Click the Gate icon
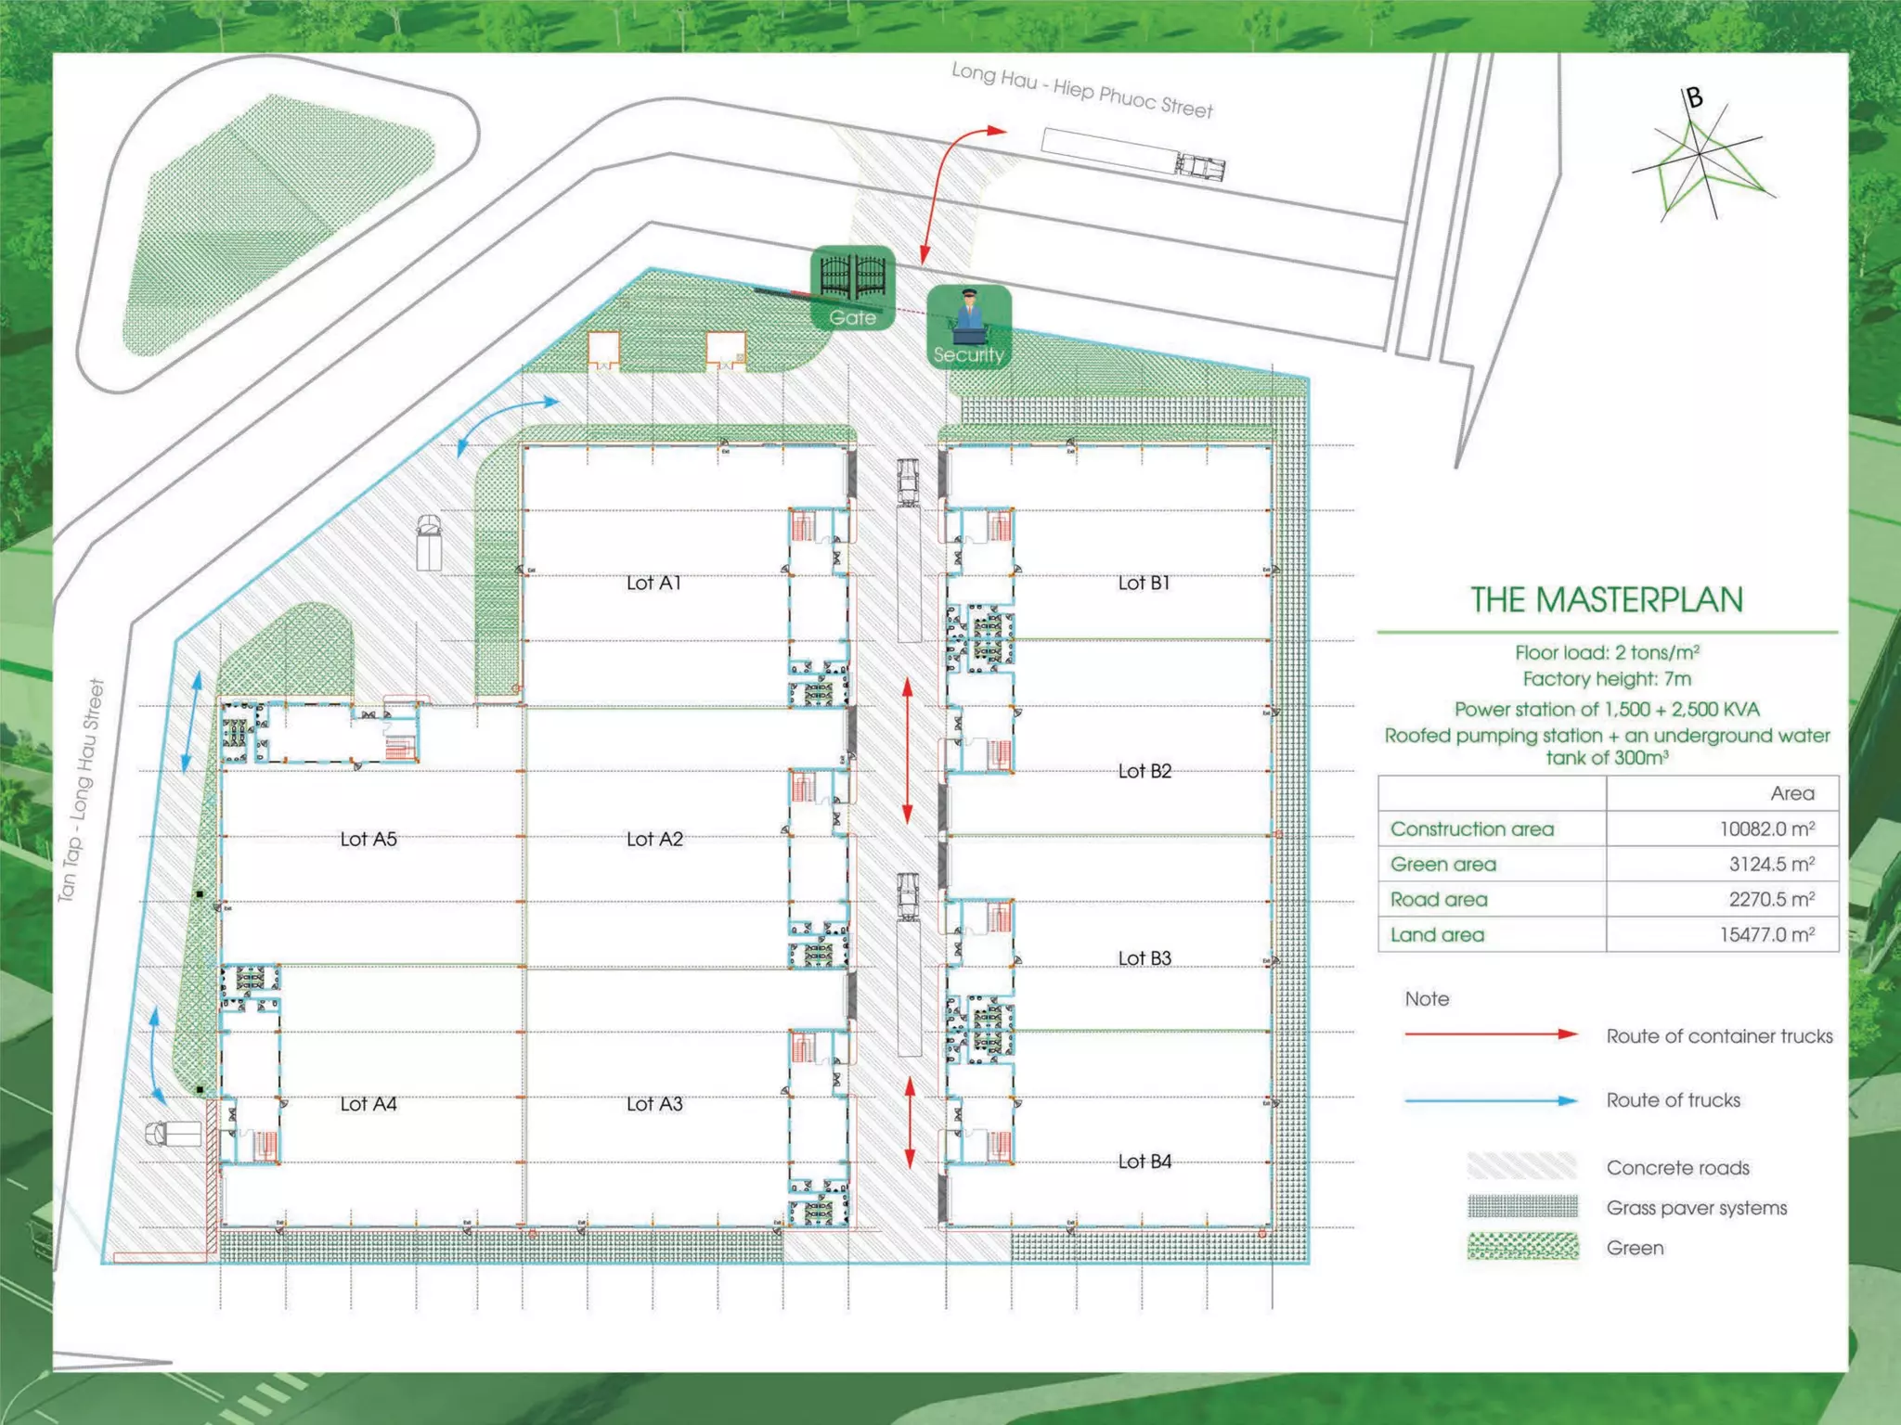852,287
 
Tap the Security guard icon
968,326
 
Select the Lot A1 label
653,583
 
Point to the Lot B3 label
1144,957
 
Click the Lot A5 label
368,839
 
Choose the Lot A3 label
653,1103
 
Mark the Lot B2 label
1144,771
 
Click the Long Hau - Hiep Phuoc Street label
1081,90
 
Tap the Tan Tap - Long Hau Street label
81,790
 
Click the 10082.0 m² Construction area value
1766,828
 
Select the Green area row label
1442,864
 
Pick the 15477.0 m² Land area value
1766,934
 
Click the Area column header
1791,793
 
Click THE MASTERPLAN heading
1606,599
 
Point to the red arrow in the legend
1490,1033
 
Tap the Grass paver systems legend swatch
1522,1206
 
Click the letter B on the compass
1694,97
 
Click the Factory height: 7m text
1606,679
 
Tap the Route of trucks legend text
1673,1100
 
